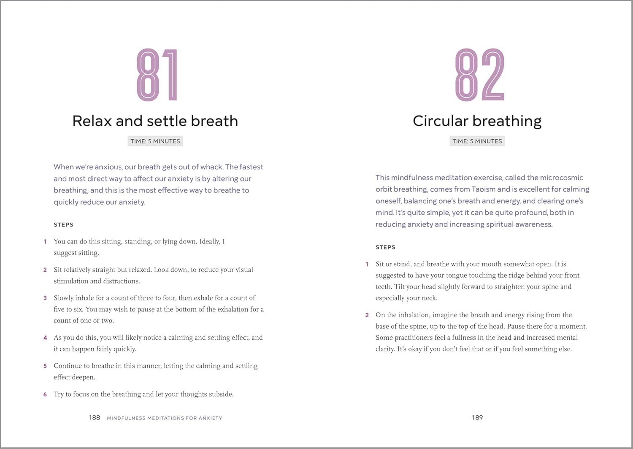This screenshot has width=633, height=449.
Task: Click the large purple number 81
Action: pyautogui.click(x=157, y=75)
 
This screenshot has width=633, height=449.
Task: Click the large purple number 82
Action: pyautogui.click(x=479, y=75)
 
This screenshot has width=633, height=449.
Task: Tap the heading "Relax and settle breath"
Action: pyautogui.click(x=155, y=121)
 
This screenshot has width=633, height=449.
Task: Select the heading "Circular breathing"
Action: pyautogui.click(x=477, y=121)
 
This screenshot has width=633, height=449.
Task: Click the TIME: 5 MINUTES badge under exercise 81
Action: pyautogui.click(x=155, y=141)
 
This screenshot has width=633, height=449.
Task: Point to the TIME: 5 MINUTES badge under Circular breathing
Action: pyautogui.click(x=477, y=141)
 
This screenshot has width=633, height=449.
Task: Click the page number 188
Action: pyautogui.click(x=94, y=417)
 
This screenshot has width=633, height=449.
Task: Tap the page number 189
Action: pyautogui.click(x=477, y=417)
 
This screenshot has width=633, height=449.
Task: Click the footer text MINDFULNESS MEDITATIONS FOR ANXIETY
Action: pyautogui.click(x=165, y=418)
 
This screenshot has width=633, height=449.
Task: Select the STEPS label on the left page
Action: pyautogui.click(x=63, y=225)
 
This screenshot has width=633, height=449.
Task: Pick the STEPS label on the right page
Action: pyautogui.click(x=385, y=247)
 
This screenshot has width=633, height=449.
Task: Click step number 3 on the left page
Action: pyautogui.click(x=45, y=298)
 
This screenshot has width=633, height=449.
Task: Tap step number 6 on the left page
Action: pyautogui.click(x=45, y=394)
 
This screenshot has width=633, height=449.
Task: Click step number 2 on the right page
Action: pyautogui.click(x=367, y=315)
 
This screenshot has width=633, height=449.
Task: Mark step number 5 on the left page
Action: pyautogui.click(x=45, y=366)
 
